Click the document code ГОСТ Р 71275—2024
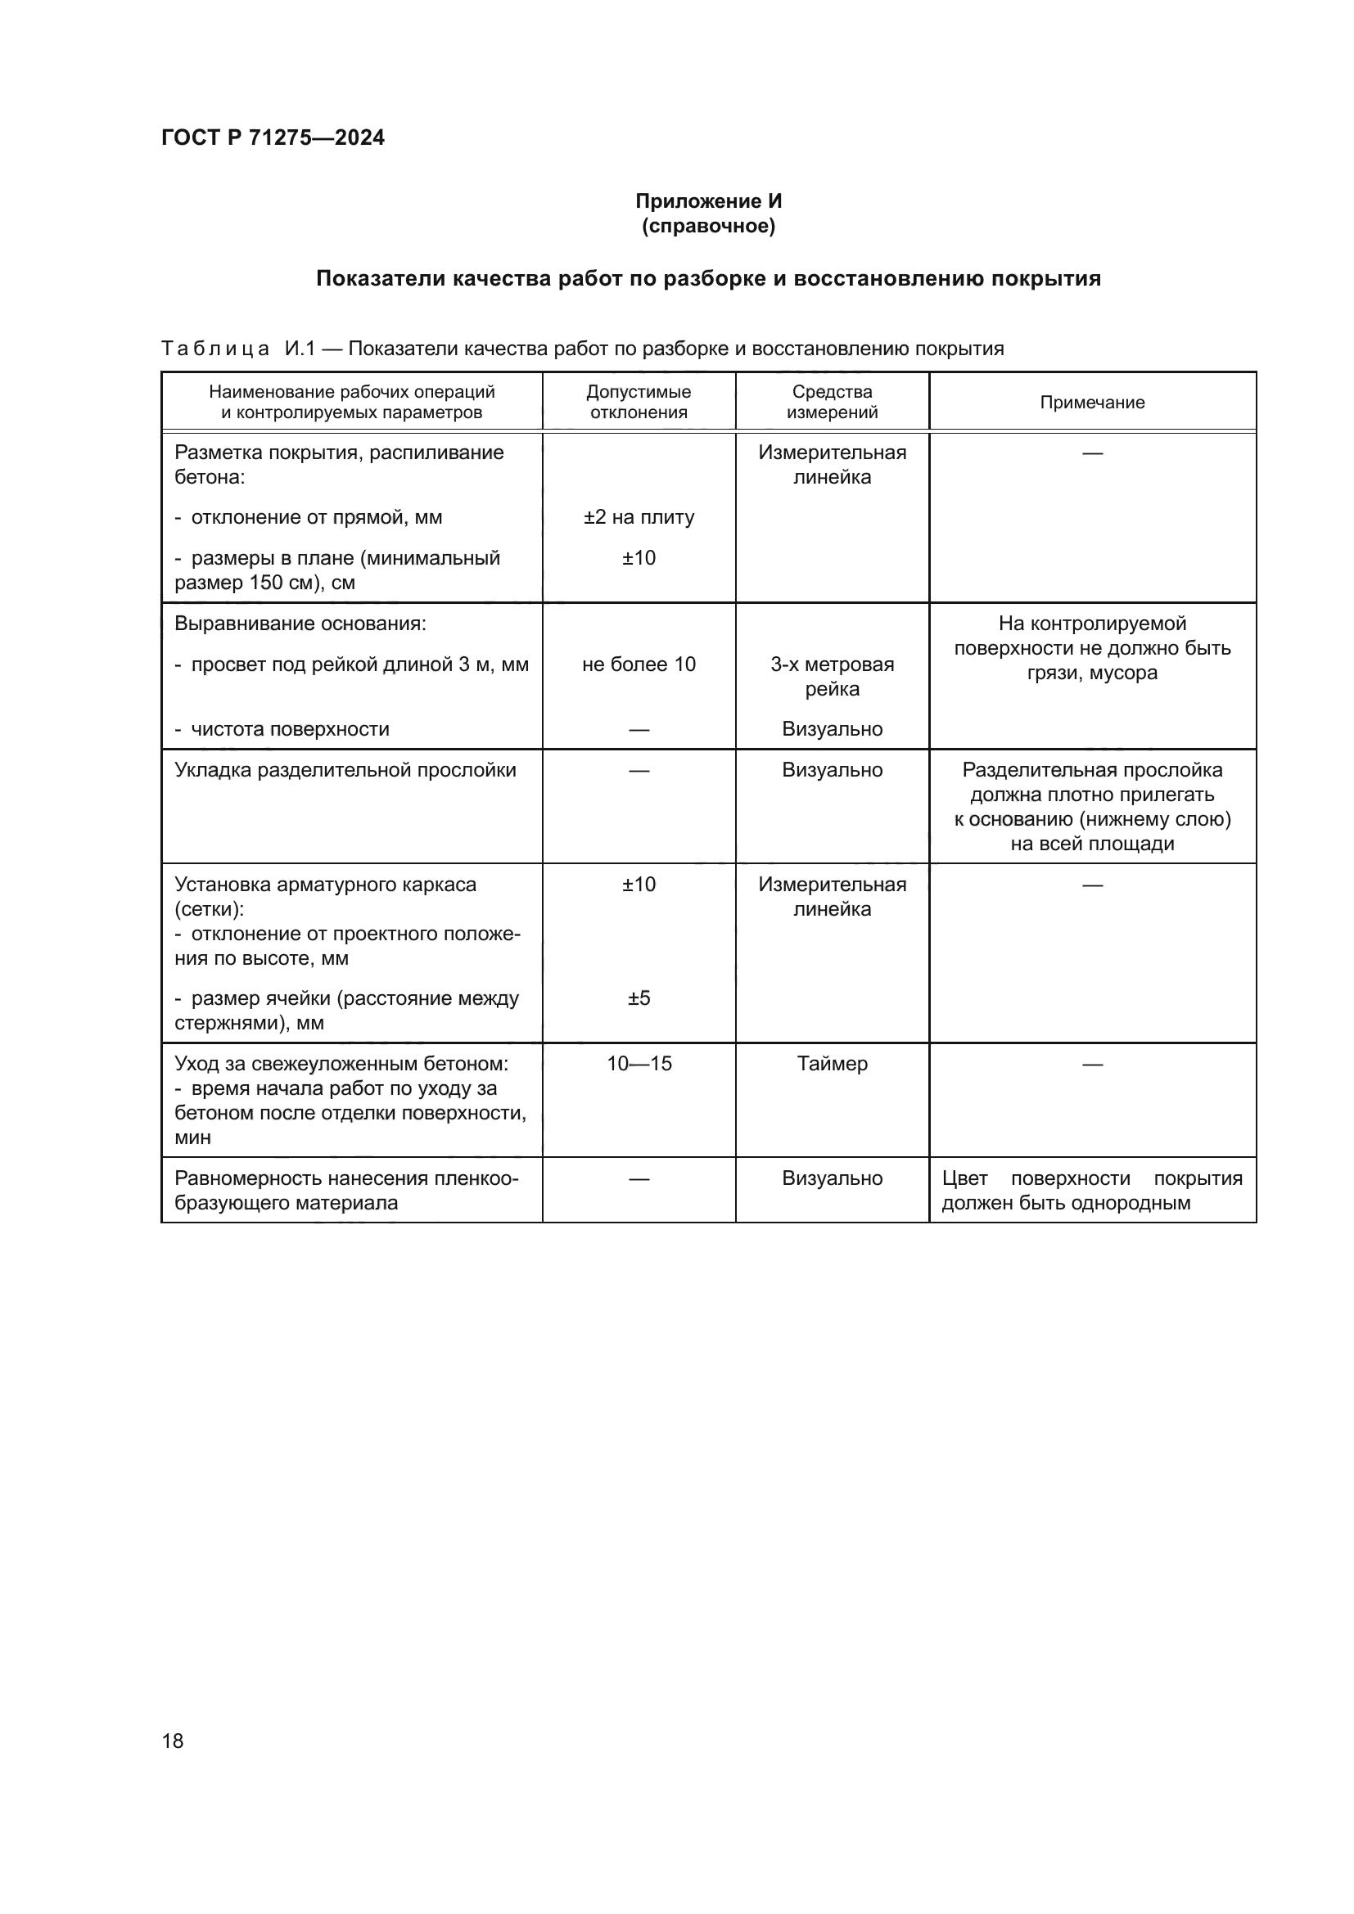click(x=273, y=137)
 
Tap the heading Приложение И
click(x=708, y=201)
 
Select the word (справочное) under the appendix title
click(x=708, y=226)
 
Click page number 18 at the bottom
click(x=173, y=1741)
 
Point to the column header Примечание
click(x=1091, y=403)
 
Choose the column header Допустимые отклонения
click(x=639, y=402)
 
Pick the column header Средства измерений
click(x=831, y=402)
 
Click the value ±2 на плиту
click(x=639, y=518)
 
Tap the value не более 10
click(x=639, y=664)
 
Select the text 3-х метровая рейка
click(x=831, y=676)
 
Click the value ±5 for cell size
click(x=639, y=998)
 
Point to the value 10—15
click(x=639, y=1064)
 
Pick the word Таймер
click(x=831, y=1064)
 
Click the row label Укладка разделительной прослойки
click(x=345, y=770)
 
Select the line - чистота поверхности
click(x=282, y=729)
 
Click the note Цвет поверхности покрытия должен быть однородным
click(x=1091, y=1191)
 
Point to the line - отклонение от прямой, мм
click(x=309, y=518)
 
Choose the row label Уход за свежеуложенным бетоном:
click(x=341, y=1064)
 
